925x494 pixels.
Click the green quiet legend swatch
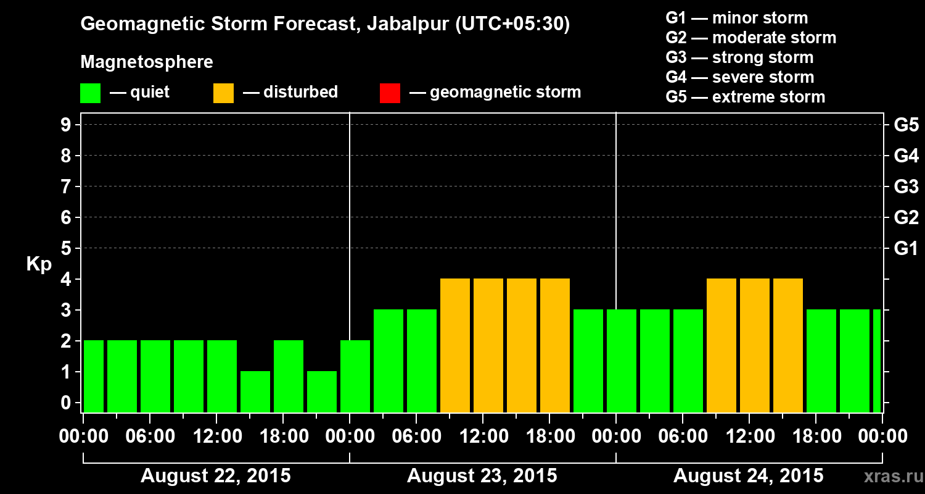point(90,93)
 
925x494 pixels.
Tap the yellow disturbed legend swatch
point(223,93)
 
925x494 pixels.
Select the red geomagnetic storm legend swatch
point(390,93)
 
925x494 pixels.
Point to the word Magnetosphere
point(147,62)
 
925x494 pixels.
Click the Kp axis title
point(39,264)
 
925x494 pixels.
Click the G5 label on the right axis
point(906,125)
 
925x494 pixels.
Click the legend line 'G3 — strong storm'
point(739,57)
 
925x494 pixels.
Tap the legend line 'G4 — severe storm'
point(740,77)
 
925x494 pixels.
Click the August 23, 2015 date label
point(482,476)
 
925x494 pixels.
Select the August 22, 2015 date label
point(216,476)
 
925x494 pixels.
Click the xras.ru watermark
point(887,476)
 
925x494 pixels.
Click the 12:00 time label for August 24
point(749,437)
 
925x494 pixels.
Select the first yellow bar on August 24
point(721,345)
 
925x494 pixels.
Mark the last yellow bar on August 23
point(555,345)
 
